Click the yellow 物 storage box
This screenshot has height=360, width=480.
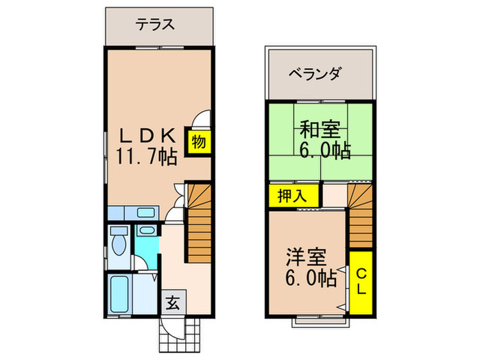[199, 142]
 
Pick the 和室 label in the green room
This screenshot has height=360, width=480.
[320, 128]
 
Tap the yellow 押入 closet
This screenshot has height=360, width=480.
[293, 195]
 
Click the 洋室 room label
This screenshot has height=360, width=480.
[306, 259]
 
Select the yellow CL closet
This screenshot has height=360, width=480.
[361, 281]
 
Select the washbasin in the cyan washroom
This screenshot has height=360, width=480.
[146, 230]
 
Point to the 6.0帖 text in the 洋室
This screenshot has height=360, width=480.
[311, 279]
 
